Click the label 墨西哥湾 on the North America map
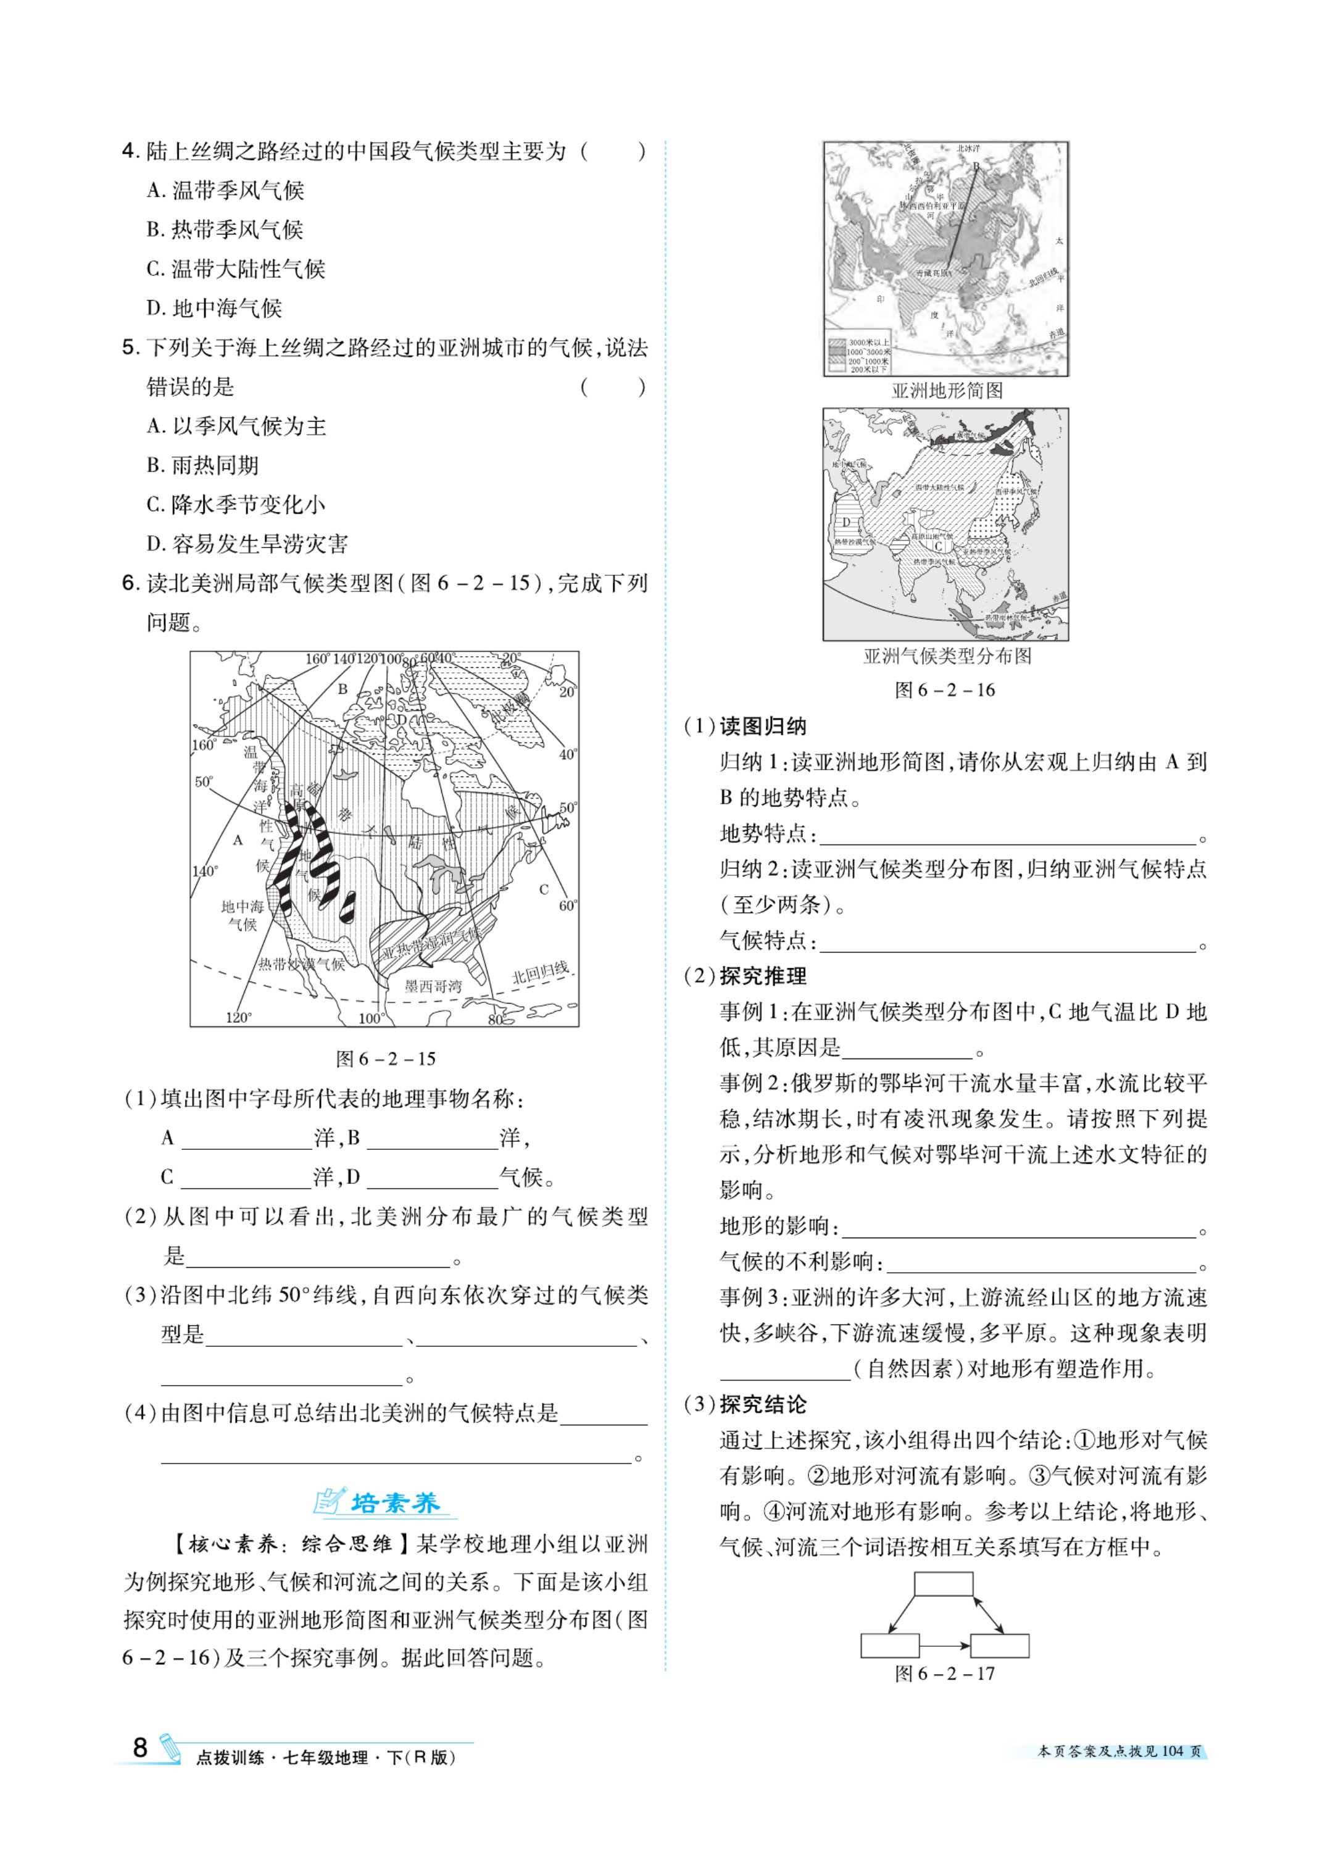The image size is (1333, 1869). (x=433, y=986)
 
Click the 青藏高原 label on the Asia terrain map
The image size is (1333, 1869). (x=935, y=273)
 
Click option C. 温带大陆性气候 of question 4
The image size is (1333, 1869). (x=236, y=269)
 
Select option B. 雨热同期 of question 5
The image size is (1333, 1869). (x=203, y=465)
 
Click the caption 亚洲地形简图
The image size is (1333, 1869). (x=947, y=391)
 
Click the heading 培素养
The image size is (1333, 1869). (x=395, y=1503)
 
